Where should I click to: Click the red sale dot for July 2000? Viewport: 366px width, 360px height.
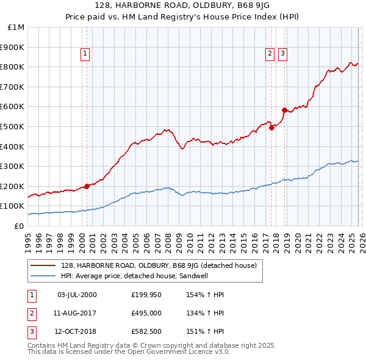pos(87,186)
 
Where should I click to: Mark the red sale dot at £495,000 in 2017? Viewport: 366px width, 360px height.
pos(271,128)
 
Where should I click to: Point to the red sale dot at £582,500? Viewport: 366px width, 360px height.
pos(284,110)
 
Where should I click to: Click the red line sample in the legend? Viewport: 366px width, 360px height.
pos(44,265)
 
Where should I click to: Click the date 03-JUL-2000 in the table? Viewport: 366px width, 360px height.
pos(77,295)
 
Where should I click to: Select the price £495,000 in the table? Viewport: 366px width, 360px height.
pos(145,313)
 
